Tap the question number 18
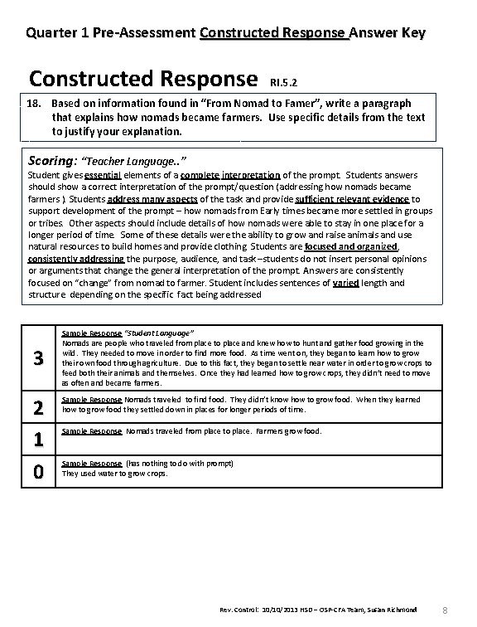[32, 104]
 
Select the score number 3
[36, 358]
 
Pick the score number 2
[36, 406]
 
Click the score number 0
[36, 472]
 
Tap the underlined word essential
[102, 176]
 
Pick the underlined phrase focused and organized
[351, 247]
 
